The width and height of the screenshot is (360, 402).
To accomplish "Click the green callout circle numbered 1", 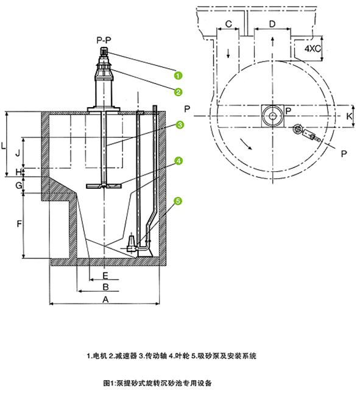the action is [x=178, y=76].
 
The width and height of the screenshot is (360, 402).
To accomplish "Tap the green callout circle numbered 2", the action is [x=178, y=92].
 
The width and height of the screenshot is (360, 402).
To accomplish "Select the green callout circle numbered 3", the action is [x=180, y=125].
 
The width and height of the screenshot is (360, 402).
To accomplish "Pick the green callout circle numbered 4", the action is [x=178, y=161].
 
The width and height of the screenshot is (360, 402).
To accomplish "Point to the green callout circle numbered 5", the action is [x=178, y=201].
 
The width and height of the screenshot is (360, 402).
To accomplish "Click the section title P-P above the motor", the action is [x=104, y=40].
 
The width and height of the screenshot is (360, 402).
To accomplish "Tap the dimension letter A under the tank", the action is [x=105, y=299].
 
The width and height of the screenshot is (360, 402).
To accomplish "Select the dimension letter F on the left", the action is [x=19, y=224].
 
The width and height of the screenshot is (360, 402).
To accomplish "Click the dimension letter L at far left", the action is [x=3, y=146].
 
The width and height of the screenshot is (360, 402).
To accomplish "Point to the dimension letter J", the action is [x=18, y=153].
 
